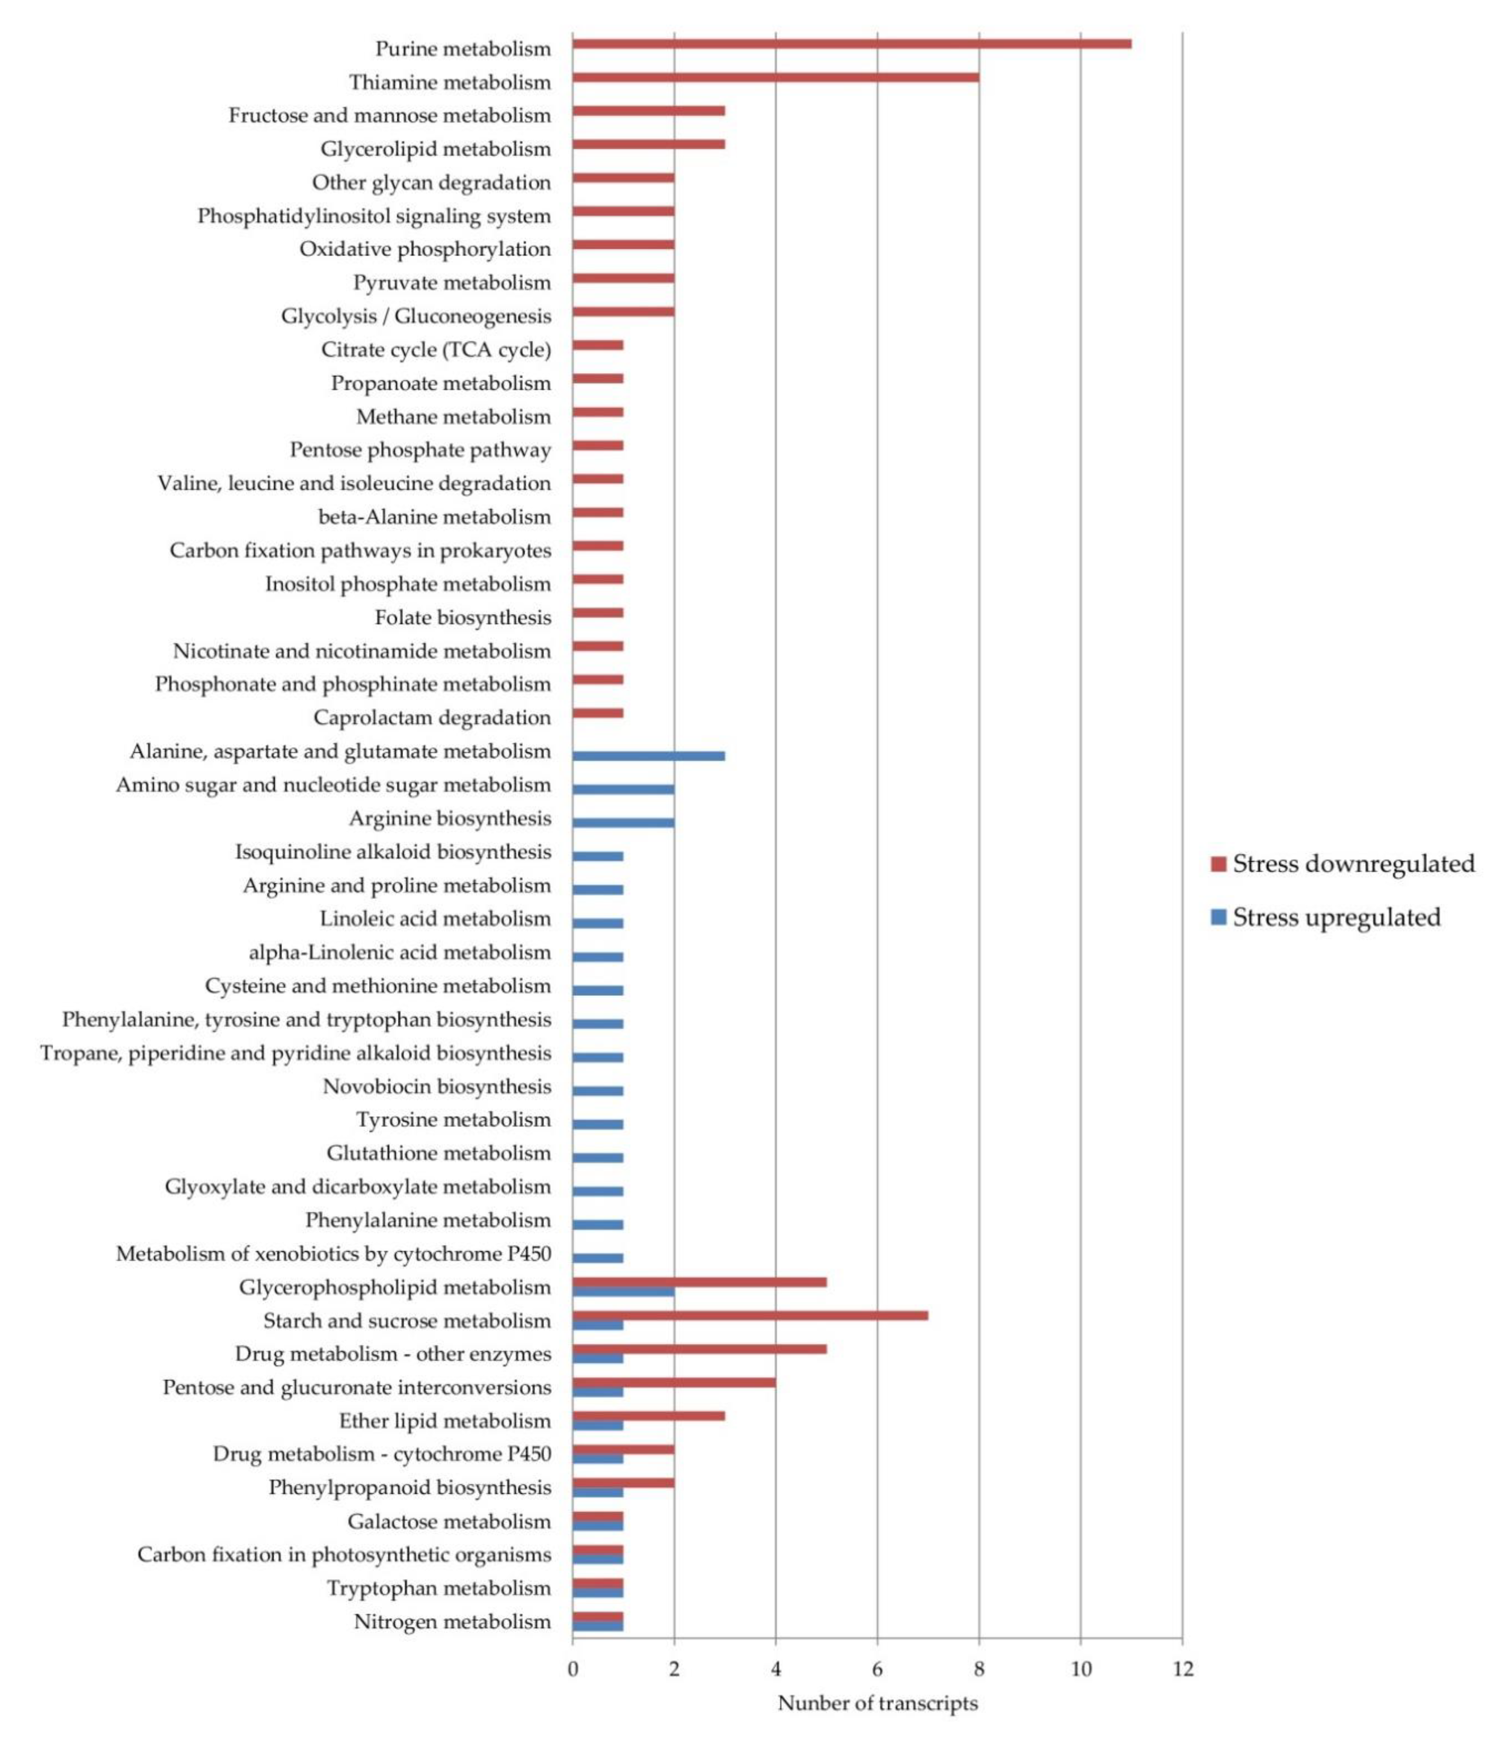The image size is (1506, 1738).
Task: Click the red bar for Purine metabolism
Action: (x=851, y=44)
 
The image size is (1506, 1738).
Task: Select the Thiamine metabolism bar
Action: (x=775, y=77)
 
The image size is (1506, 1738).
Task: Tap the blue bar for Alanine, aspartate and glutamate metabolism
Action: (x=648, y=755)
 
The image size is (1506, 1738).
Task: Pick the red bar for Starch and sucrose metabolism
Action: (x=750, y=1315)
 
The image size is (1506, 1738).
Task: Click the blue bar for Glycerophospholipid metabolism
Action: (x=623, y=1291)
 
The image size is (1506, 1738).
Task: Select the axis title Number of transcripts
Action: (x=877, y=1703)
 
